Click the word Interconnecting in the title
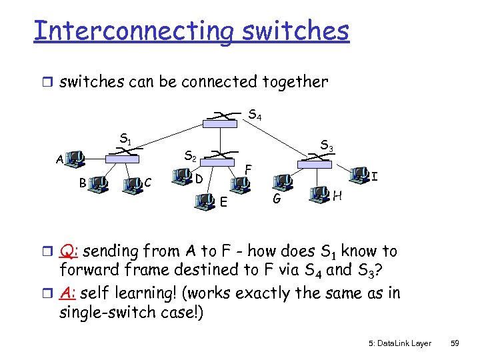pyautogui.click(x=133, y=32)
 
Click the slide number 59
pyautogui.click(x=455, y=343)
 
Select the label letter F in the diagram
pyautogui.click(x=247, y=169)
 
